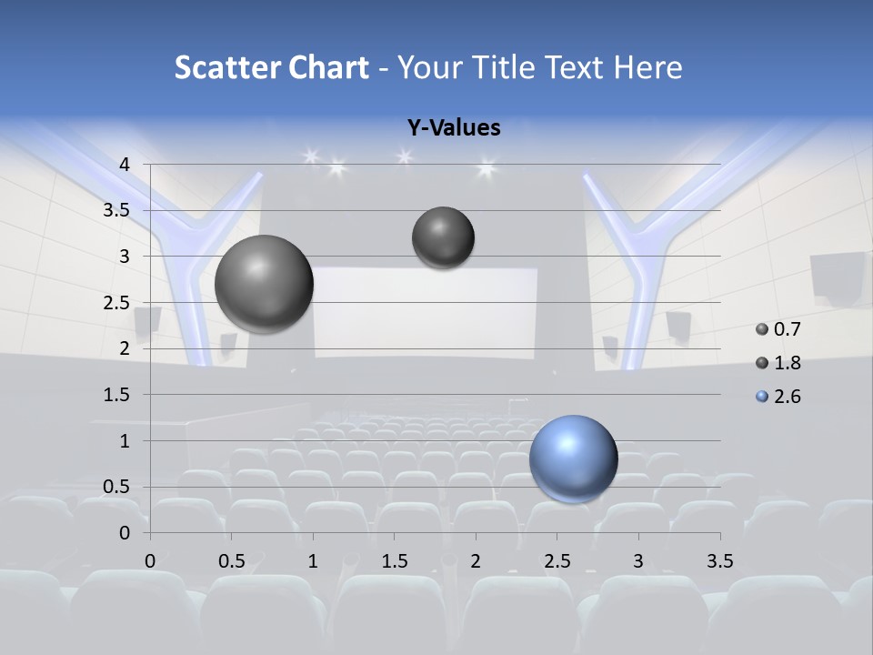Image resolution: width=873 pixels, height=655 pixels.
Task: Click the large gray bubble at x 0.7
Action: (264, 283)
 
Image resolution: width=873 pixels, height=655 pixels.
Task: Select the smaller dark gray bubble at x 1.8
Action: (443, 237)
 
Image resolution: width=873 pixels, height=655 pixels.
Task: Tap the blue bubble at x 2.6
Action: (573, 458)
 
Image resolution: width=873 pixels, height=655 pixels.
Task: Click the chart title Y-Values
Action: (453, 128)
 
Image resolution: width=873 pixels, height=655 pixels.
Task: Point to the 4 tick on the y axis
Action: (125, 164)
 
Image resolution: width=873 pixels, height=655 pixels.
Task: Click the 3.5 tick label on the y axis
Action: (116, 210)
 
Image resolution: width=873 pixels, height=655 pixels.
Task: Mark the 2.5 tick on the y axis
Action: (116, 302)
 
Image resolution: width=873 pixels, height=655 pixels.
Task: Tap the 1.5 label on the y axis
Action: (116, 395)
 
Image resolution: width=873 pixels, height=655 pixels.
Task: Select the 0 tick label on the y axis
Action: (125, 532)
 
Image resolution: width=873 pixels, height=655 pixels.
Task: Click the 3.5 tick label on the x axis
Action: (719, 560)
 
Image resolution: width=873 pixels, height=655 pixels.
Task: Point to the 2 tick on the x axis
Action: (476, 560)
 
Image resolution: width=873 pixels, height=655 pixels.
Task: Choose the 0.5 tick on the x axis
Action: (232, 560)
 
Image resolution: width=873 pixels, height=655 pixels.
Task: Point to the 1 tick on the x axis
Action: (313, 560)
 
